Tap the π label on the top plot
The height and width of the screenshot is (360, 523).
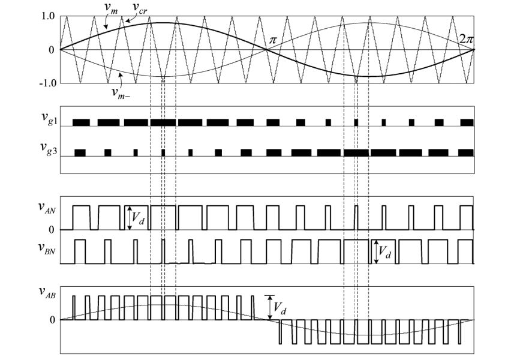(x=273, y=40)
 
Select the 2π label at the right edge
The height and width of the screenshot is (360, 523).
(x=466, y=40)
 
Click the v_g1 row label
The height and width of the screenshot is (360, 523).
(x=48, y=120)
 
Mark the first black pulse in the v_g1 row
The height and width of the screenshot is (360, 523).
(x=81, y=122)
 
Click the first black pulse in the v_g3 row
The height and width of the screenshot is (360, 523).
(x=80, y=152)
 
